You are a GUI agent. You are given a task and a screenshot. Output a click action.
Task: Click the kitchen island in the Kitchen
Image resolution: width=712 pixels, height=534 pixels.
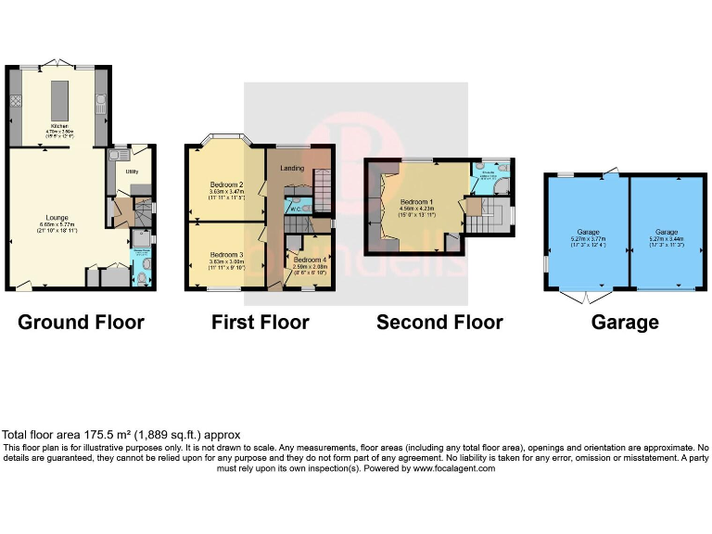point(61,96)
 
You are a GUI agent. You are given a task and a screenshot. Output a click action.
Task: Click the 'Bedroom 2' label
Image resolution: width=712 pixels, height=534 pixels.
point(226,184)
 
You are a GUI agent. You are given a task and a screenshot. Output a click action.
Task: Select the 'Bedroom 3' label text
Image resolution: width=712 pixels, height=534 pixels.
point(226,255)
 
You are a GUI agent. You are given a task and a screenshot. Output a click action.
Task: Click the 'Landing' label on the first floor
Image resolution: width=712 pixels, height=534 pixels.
point(293,168)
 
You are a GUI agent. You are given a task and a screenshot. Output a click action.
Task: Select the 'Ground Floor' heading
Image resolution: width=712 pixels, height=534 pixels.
point(82,323)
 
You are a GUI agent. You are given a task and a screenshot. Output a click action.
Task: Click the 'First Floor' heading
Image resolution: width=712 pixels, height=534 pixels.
point(261,323)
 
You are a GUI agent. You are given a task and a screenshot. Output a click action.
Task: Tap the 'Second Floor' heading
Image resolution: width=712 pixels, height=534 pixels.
point(439,323)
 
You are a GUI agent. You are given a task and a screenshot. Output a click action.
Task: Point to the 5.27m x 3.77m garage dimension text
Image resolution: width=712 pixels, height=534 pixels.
point(589,238)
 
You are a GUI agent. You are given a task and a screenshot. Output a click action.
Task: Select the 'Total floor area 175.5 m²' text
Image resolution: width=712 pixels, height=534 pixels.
point(121,435)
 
